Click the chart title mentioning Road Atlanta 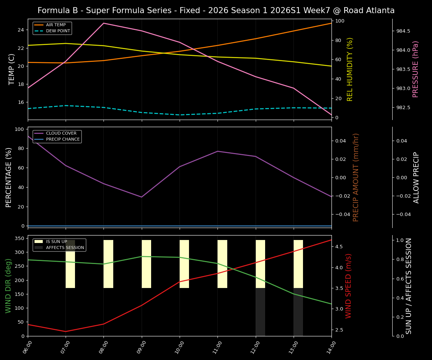216,10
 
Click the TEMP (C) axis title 12,69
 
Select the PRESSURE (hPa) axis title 415,69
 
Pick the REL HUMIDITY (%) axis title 350,69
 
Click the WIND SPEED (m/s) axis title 349,286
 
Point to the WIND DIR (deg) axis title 8,286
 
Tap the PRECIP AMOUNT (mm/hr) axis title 356,177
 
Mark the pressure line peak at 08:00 103,23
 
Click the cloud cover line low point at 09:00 141,197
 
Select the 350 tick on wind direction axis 21,238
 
